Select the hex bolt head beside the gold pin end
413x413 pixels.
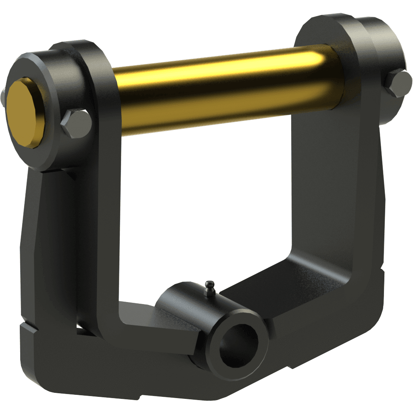click(75, 124)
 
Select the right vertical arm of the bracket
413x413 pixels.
click(331, 181)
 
